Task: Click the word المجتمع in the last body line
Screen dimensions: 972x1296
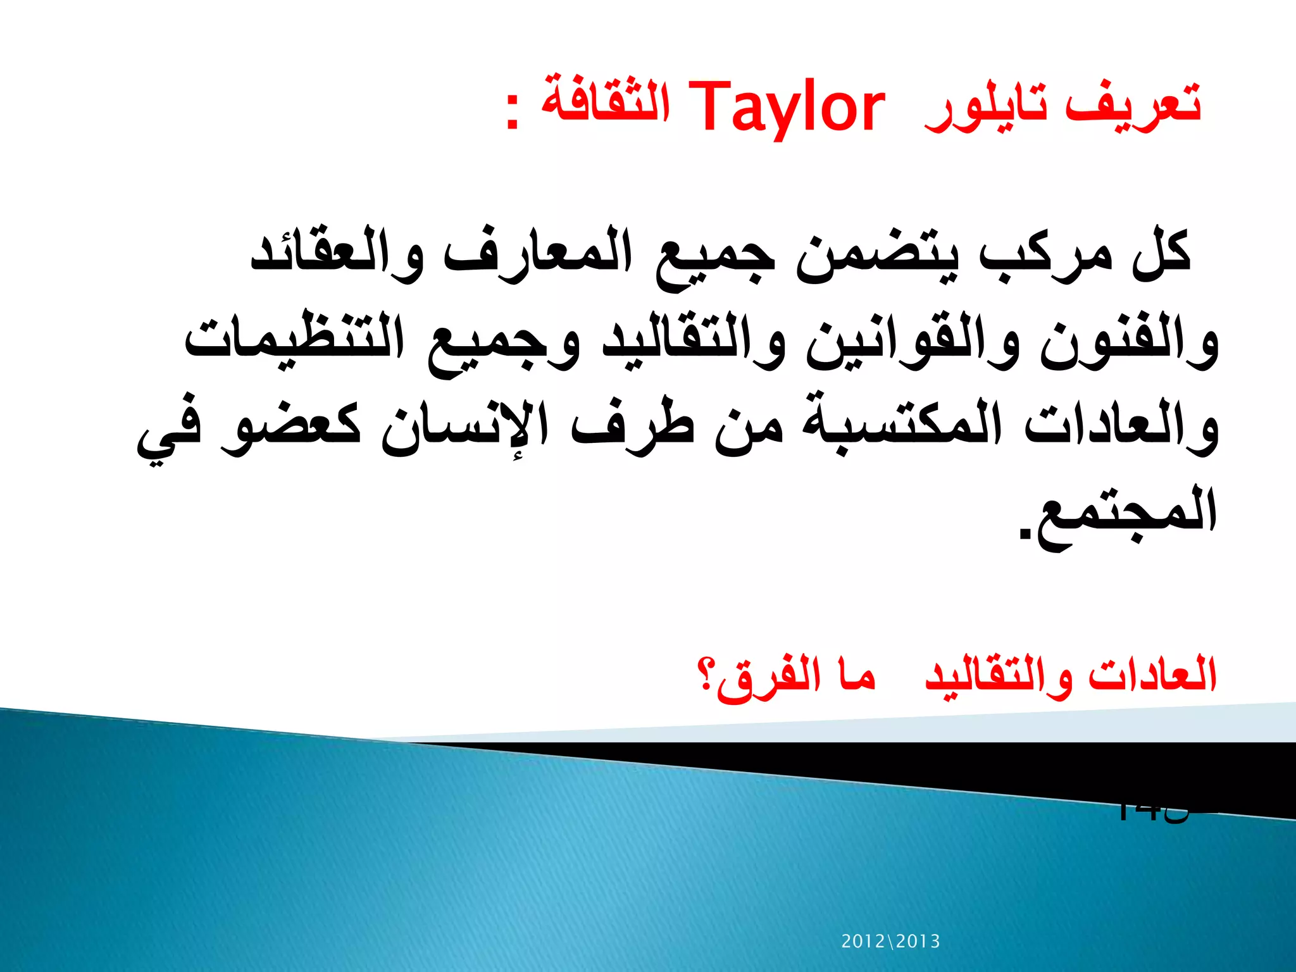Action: click(x=1120, y=516)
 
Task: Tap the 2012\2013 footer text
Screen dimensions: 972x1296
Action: click(x=890, y=942)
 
